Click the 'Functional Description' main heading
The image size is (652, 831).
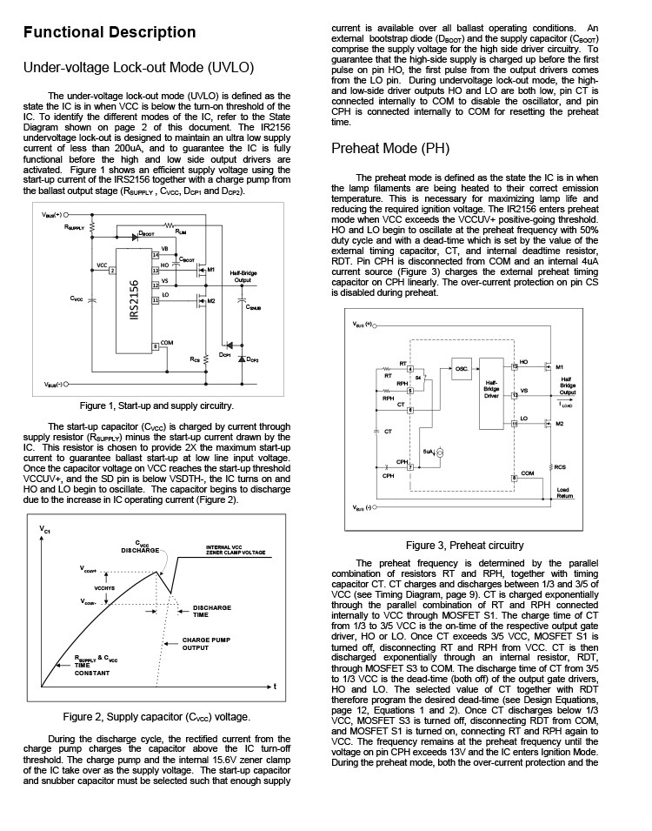pos(110,33)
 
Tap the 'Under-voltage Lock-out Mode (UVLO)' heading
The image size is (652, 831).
pos(138,68)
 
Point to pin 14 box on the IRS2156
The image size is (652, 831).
pos(156,254)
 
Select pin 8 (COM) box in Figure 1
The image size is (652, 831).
pos(156,345)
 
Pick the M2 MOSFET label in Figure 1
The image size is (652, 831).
pos(211,300)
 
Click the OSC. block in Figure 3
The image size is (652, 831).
pos(461,368)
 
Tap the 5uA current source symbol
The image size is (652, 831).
pos(439,453)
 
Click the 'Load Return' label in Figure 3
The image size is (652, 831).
pos(565,493)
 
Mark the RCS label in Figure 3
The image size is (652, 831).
pos(562,467)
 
